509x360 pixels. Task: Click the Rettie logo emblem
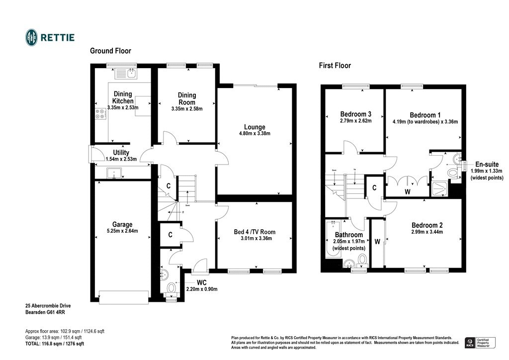pyautogui.click(x=31, y=37)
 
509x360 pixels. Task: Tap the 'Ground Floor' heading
pyautogui.click(x=110, y=51)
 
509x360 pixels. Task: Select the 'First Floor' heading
pyautogui.click(x=335, y=66)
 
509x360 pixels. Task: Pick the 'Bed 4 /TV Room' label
pyautogui.click(x=254, y=232)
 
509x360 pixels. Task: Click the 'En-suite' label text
pyautogui.click(x=487, y=164)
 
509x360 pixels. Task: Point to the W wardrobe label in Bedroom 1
pyautogui.click(x=408, y=191)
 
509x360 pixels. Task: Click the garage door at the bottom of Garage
pyautogui.click(x=124, y=297)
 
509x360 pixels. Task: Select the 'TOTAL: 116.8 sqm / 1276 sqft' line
pyautogui.click(x=55, y=344)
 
